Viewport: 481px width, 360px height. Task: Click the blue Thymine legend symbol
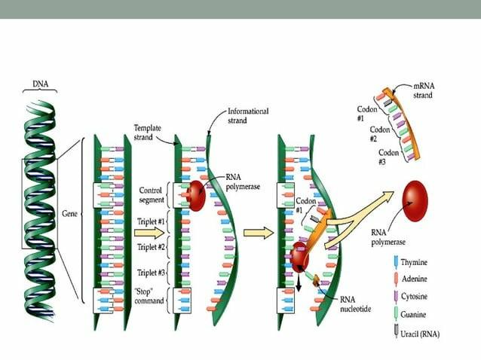coord(397,262)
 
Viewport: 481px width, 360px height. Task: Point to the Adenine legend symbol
coord(397,279)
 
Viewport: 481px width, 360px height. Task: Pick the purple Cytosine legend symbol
coord(397,296)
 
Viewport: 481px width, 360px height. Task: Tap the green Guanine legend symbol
coord(397,313)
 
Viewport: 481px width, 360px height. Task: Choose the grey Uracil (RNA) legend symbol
coord(397,331)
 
